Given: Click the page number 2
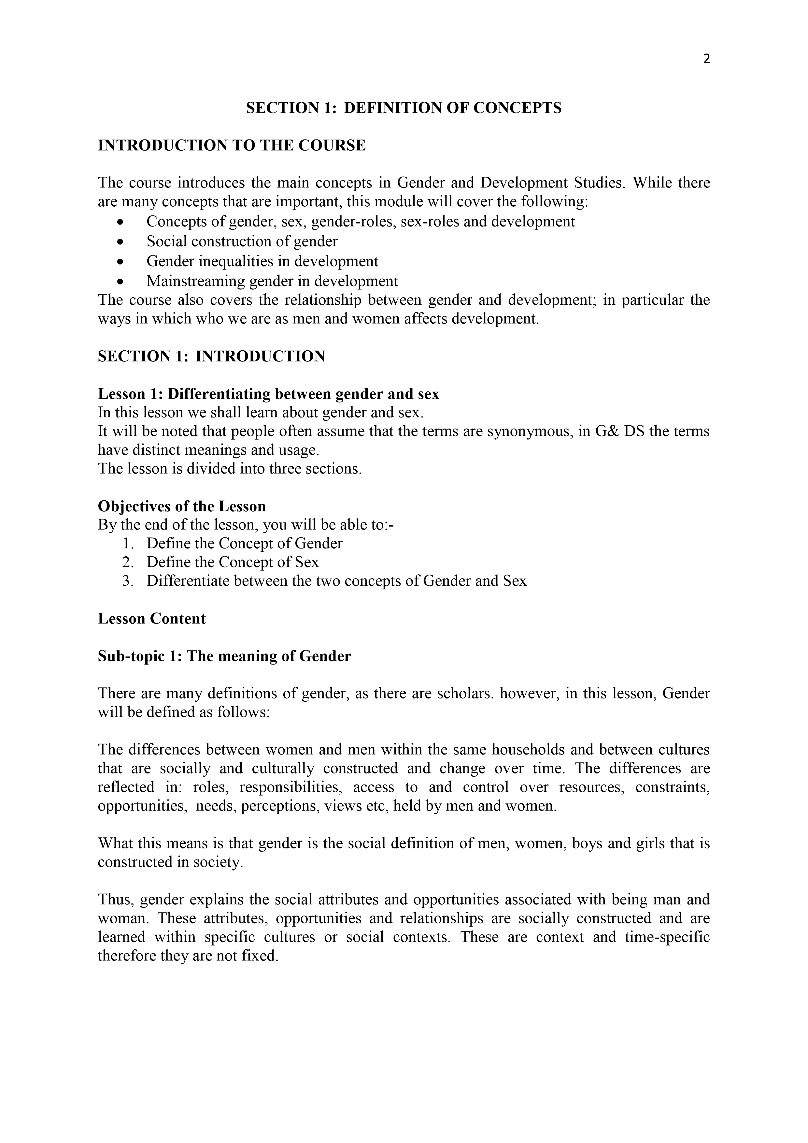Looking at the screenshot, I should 706,59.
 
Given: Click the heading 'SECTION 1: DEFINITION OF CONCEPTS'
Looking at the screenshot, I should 404,108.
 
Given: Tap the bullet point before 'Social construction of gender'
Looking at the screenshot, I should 120,242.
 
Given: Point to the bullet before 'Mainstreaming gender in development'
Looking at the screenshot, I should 120,282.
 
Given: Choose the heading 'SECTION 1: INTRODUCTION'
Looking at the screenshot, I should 211,357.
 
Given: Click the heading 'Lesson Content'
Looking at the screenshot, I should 152,619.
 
